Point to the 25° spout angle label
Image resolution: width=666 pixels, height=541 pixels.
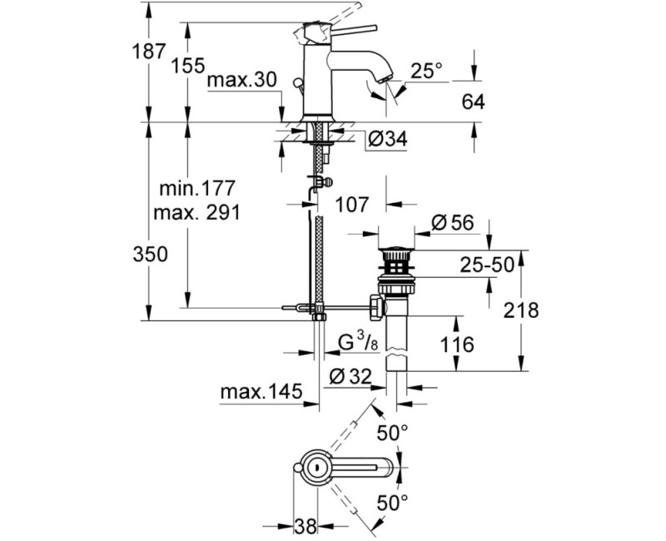click(426, 72)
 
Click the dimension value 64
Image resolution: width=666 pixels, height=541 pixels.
click(471, 102)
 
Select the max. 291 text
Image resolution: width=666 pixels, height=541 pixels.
click(196, 212)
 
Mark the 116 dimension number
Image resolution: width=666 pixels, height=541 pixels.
click(457, 343)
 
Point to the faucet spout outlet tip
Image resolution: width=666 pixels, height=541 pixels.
click(384, 79)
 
